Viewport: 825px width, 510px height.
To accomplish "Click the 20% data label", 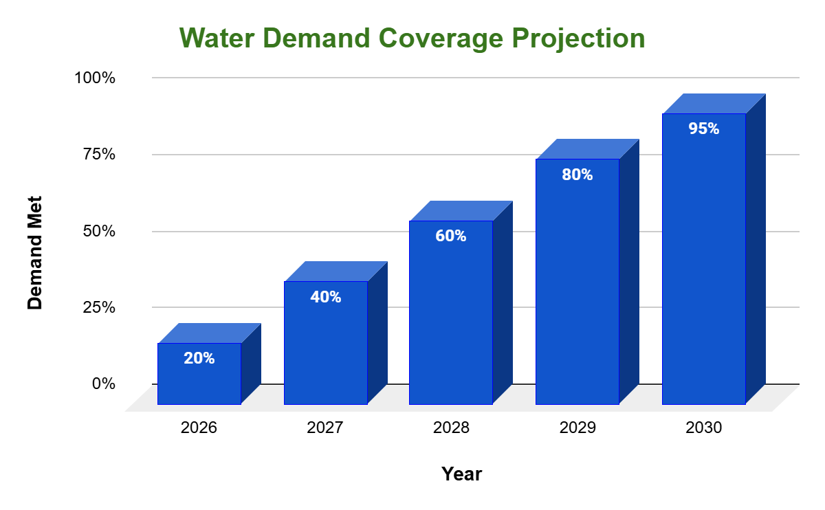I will click(x=199, y=358).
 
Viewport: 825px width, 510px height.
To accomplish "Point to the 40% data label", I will click(x=326, y=297).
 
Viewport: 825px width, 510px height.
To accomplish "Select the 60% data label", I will click(x=451, y=236).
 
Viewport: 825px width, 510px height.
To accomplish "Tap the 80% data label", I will click(x=577, y=175).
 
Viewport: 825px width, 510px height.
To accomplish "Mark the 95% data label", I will click(x=704, y=129).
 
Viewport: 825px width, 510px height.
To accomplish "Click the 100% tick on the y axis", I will click(x=95, y=78).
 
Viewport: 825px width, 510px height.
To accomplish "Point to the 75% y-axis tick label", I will click(x=99, y=154).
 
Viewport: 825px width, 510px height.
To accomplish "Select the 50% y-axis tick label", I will click(x=99, y=231).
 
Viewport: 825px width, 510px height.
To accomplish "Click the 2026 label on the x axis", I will click(x=199, y=428).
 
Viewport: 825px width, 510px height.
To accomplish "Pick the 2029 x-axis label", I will click(x=577, y=428).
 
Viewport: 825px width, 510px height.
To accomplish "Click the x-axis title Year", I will click(x=462, y=474).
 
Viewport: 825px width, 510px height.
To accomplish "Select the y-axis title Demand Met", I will click(x=35, y=253).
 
